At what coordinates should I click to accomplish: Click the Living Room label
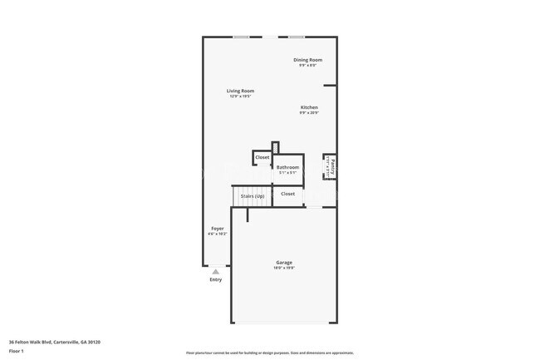(241, 91)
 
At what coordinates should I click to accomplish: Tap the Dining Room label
(308, 60)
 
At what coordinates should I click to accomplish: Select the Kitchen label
(309, 107)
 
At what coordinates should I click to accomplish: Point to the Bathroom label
(287, 167)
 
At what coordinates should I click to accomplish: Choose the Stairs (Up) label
(253, 195)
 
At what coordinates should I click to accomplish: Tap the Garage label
(284, 263)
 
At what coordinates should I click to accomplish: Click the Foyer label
(217, 228)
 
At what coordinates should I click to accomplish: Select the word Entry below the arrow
(216, 279)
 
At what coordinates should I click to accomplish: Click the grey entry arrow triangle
(216, 271)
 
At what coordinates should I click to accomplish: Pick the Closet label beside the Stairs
(287, 194)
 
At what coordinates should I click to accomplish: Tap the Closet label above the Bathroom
(262, 157)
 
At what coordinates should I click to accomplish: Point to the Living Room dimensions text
(241, 96)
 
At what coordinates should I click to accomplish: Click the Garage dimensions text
(284, 269)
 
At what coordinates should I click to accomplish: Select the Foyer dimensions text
(217, 234)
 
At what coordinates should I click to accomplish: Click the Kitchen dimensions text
(309, 113)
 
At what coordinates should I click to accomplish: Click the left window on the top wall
(241, 37)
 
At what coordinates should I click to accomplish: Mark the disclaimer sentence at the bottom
(270, 353)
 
